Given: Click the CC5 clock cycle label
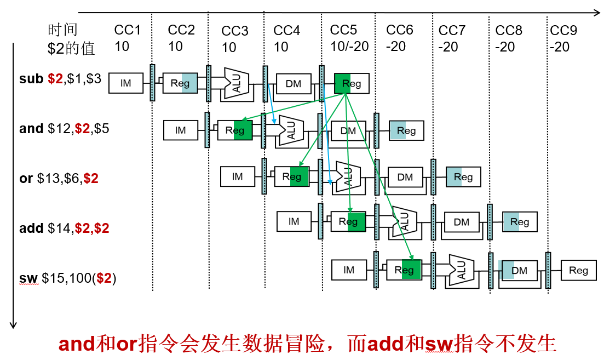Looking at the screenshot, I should tap(343, 30).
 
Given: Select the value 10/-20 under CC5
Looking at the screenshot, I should tap(349, 47).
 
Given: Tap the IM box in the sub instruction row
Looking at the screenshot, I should tap(126, 83).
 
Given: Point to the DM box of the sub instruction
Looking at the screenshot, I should tap(294, 83).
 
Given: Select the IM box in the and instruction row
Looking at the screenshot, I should tap(181, 130).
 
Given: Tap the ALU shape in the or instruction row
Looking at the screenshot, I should tap(348, 177).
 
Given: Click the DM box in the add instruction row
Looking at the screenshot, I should tap(462, 222).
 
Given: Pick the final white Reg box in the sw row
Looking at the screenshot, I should tap(578, 270).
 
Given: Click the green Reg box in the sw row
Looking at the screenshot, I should tap(404, 270).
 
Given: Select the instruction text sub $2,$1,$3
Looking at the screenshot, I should tap(60, 79).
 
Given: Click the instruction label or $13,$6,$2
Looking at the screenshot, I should tap(59, 179).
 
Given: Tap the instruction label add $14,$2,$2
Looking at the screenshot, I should tap(64, 228).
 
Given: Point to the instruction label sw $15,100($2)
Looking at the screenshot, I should tap(67, 278).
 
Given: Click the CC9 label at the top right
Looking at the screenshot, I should tap(563, 30).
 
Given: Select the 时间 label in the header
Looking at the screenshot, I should tap(62, 30).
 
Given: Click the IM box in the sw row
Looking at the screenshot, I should tap(349, 270).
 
